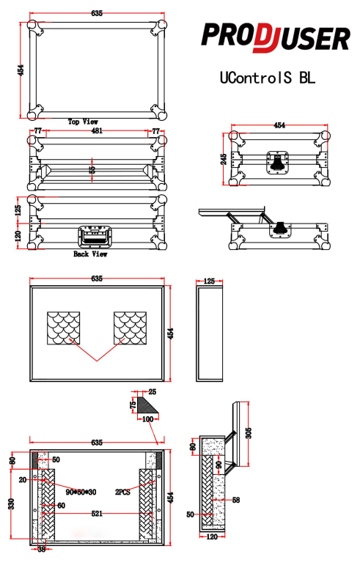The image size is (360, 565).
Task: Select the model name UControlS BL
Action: [268, 78]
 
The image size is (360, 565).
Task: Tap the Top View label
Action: [83, 122]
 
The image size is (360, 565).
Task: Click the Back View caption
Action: [90, 254]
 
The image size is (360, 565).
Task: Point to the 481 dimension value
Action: [97, 130]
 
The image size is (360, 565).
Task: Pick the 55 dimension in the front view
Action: [92, 170]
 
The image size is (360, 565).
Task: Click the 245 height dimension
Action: [224, 159]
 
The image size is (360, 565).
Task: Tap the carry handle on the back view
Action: [94, 237]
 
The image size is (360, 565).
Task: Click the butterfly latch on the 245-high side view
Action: [277, 163]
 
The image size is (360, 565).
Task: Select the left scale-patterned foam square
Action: [64, 328]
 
